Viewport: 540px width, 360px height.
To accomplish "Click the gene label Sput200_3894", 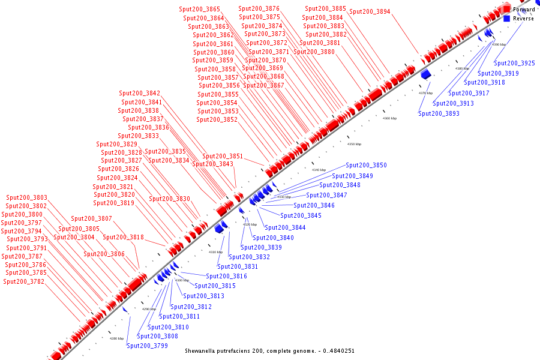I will [x=370, y=11].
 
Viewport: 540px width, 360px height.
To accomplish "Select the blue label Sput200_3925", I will [x=515, y=63].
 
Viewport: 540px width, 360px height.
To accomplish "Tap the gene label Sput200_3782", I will [x=24, y=281].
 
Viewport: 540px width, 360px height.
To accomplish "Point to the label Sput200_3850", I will [x=367, y=165].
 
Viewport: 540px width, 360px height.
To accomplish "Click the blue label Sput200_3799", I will [x=147, y=346].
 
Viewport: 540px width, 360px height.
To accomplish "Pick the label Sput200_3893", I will [x=439, y=113].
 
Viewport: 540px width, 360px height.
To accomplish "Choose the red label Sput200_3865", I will [x=199, y=9].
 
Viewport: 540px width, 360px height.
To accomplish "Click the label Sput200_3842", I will [x=139, y=93].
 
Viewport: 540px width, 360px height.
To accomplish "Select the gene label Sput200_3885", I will [x=325, y=8].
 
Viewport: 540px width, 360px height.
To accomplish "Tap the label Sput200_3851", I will [x=223, y=156].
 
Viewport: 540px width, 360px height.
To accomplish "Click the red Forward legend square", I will [x=507, y=10].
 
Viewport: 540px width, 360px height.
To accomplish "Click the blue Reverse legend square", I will [x=507, y=19].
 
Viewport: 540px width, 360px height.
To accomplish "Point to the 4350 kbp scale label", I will [x=355, y=144].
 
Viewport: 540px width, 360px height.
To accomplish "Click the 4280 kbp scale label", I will [x=116, y=338].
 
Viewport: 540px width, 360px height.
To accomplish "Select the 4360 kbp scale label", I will [x=390, y=118].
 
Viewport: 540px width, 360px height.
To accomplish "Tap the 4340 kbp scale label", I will [x=319, y=170].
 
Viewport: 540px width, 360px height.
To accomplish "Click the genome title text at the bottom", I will [x=269, y=350].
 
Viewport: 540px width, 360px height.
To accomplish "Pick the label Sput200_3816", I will [x=226, y=276].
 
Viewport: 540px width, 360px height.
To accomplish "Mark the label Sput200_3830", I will [x=169, y=199].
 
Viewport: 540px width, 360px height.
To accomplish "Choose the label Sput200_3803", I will [x=26, y=197].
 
